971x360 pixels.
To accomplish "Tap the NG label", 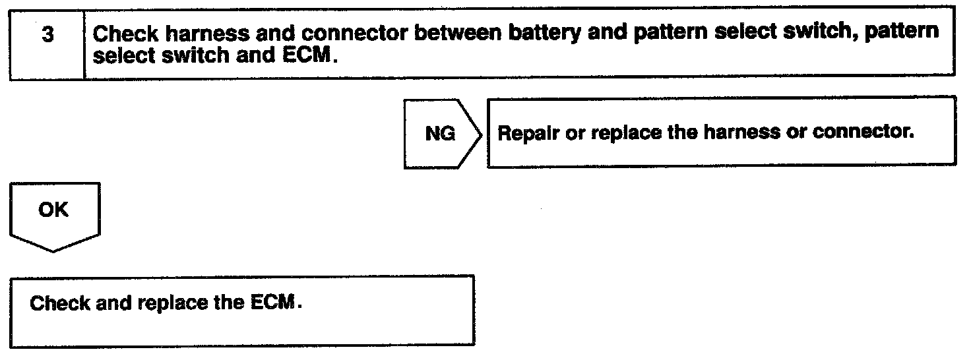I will tap(440, 134).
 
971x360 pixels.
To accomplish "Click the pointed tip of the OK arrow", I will tap(55, 251).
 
